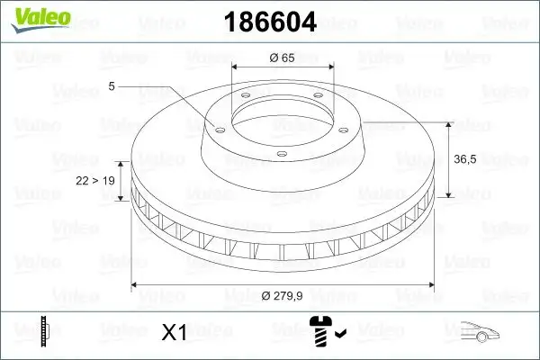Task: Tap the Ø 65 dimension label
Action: point(283,58)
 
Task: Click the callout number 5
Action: point(111,86)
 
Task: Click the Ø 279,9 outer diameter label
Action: point(283,296)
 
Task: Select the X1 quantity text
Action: point(173,333)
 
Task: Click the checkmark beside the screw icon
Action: point(339,337)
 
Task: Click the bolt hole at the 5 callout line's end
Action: point(217,126)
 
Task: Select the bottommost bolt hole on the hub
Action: point(282,155)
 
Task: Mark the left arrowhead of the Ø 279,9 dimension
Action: point(136,285)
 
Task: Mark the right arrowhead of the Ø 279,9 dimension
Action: point(429,285)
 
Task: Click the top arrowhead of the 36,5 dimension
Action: point(447,122)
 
